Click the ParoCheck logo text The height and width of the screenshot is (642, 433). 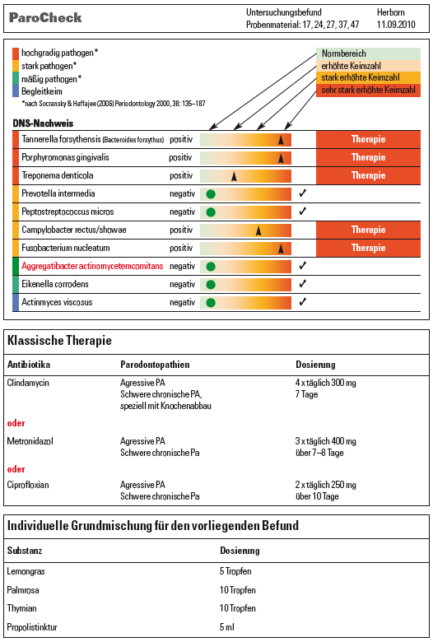click(x=45, y=17)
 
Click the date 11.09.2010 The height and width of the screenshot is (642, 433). click(x=396, y=25)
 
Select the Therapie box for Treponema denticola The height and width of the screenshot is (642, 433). click(x=368, y=175)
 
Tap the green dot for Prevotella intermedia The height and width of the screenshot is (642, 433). click(x=211, y=194)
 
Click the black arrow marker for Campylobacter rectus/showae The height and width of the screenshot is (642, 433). click(x=258, y=230)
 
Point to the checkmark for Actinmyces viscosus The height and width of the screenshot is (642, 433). click(x=303, y=302)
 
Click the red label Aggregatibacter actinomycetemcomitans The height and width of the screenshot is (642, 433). click(x=92, y=266)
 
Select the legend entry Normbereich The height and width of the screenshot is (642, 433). click(x=368, y=53)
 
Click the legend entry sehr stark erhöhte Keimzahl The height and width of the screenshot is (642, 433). click(x=368, y=90)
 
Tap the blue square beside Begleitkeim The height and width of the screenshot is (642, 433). click(x=16, y=91)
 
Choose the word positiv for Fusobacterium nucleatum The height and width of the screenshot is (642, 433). click(x=181, y=248)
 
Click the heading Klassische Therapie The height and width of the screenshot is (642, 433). click(x=59, y=340)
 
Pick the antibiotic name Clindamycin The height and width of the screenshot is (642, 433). click(x=28, y=383)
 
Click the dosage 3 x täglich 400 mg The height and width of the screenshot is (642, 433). click(x=326, y=441)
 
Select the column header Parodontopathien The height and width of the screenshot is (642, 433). click(x=155, y=365)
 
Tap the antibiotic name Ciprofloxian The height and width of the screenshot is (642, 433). click(x=28, y=485)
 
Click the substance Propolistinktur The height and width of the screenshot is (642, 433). click(x=32, y=627)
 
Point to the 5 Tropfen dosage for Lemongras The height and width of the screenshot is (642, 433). click(x=235, y=571)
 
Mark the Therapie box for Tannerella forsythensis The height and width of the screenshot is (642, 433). click(x=368, y=139)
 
